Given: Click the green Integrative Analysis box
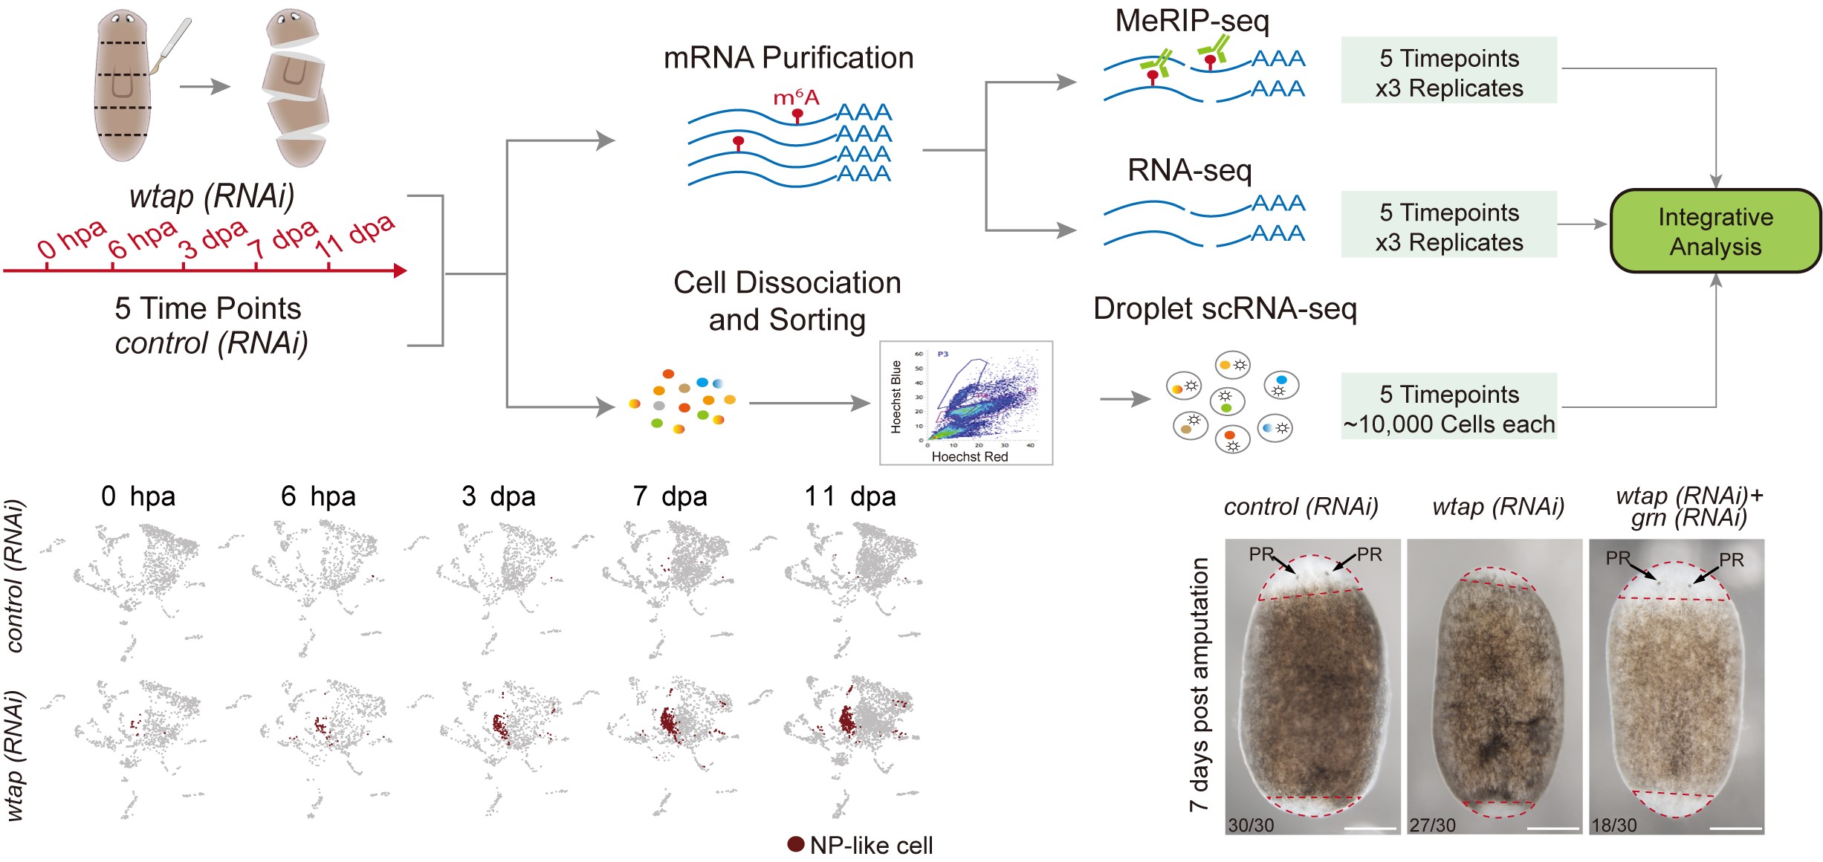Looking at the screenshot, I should pyautogui.click(x=1715, y=231).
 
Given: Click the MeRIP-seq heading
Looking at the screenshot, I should pyautogui.click(x=1192, y=21).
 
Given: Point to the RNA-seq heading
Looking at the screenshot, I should pyautogui.click(x=1189, y=171).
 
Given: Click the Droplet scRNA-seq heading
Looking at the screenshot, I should pyautogui.click(x=1225, y=308).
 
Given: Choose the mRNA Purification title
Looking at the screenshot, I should pyautogui.click(x=788, y=58).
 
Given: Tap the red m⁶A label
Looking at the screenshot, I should pyautogui.click(x=796, y=97).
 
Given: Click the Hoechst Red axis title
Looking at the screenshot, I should pyautogui.click(x=970, y=457).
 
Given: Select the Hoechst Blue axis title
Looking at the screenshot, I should pyautogui.click(x=896, y=396).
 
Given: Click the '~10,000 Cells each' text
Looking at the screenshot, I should pyautogui.click(x=1448, y=424).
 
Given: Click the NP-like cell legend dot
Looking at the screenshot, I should pyautogui.click(x=796, y=844).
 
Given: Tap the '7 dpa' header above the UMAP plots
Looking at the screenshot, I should pyautogui.click(x=670, y=496).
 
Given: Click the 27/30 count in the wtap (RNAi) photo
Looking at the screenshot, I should pyautogui.click(x=1433, y=825).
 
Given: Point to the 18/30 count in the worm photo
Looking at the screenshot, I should pyautogui.click(x=1614, y=825).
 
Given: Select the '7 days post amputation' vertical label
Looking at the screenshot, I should pyautogui.click(x=1199, y=684).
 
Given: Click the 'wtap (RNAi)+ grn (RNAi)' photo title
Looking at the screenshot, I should pyautogui.click(x=1689, y=507).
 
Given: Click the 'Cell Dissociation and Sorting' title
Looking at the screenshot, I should pyautogui.click(x=787, y=301).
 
